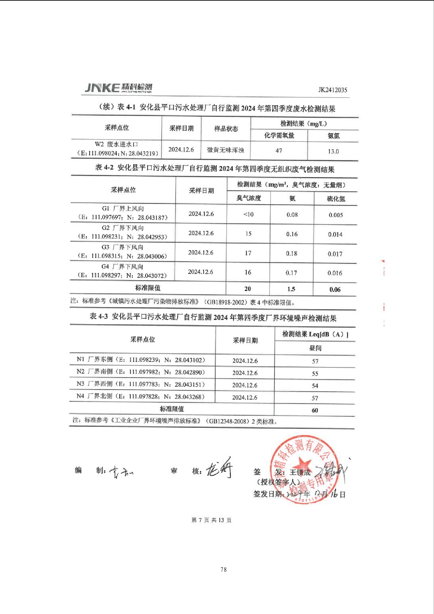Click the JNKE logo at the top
(118, 88)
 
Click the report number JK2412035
(332, 90)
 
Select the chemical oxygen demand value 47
(279, 151)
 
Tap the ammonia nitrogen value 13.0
(333, 151)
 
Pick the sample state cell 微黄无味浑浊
(225, 150)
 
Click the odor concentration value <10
(249, 214)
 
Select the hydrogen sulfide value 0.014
(335, 234)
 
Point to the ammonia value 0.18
(291, 253)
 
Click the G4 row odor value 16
(248, 272)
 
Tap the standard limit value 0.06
(335, 289)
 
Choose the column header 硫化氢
(336, 199)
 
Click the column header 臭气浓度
(249, 198)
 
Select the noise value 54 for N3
(315, 386)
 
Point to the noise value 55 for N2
(315, 374)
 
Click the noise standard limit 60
(315, 410)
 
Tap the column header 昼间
(315, 348)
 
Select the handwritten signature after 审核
(219, 468)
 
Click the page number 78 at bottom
(224, 569)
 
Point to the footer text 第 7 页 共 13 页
(211, 520)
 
